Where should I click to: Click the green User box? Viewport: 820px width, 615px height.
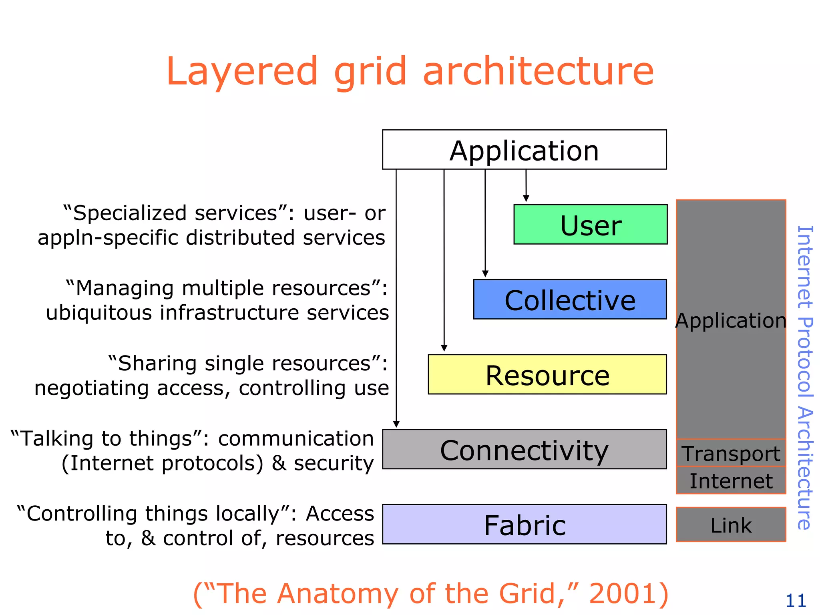tap(591, 225)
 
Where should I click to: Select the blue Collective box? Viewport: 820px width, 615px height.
tap(570, 299)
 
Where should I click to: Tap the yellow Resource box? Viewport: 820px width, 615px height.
tap(547, 375)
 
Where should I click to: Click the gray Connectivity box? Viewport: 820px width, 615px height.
tap(524, 449)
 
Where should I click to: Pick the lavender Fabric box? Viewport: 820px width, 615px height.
tap(524, 525)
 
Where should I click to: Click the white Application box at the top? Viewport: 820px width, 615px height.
tap(524, 150)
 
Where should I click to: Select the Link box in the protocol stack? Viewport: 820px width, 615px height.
tap(731, 525)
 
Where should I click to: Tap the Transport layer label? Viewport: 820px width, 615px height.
tap(731, 454)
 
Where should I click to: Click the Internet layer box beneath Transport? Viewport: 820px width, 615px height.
tap(731, 480)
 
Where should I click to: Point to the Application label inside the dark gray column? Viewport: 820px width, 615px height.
tap(731, 320)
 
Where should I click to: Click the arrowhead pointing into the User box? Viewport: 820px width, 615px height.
tap(526, 199)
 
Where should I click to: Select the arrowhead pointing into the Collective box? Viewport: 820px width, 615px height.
tap(485, 274)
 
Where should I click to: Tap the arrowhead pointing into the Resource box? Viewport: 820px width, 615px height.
tap(444, 348)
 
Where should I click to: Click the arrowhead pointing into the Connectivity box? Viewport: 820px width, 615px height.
tap(396, 424)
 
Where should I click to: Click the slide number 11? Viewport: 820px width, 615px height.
tap(796, 601)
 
